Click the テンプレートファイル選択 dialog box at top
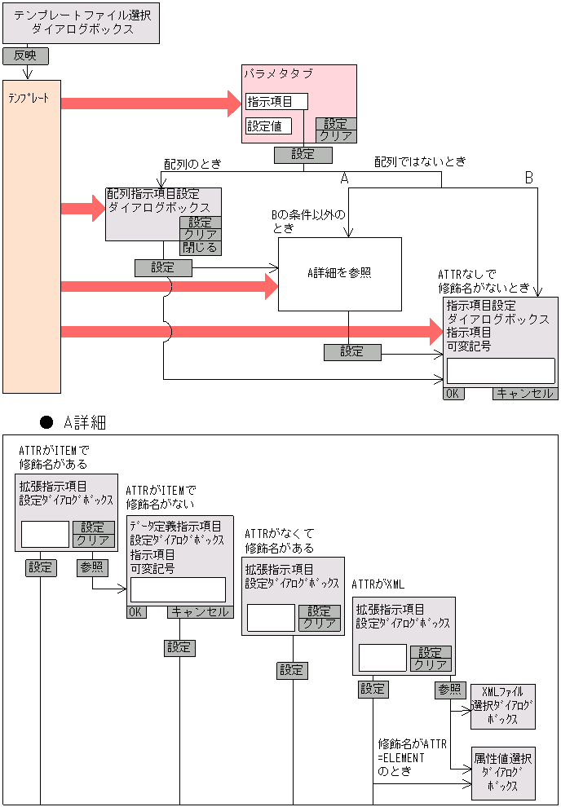click(81, 23)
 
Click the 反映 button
click(25, 56)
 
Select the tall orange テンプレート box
click(32, 236)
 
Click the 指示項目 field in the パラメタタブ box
click(276, 102)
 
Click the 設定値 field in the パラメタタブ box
click(268, 126)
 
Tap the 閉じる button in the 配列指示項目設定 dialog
click(200, 248)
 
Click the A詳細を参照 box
click(340, 274)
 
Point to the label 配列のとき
click(192, 163)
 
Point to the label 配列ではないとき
click(420, 161)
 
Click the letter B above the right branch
click(528, 178)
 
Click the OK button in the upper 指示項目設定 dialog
click(453, 394)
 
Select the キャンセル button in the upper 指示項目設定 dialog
click(525, 394)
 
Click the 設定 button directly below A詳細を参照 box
click(352, 352)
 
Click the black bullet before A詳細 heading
click(46, 422)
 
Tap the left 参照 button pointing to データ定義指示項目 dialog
click(92, 567)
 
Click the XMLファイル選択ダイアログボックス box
click(503, 707)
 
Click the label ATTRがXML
click(378, 584)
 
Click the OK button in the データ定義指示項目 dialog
click(136, 612)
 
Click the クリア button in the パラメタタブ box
click(336, 136)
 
